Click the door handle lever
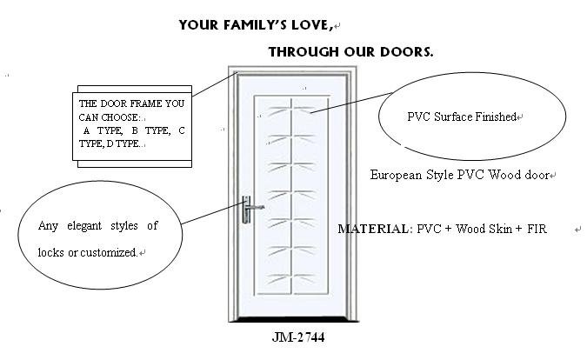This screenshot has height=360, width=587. pyautogui.click(x=256, y=208)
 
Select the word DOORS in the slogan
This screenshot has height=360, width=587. pyautogui.click(x=408, y=52)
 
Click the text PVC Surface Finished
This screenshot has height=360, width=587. pyautogui.click(x=462, y=117)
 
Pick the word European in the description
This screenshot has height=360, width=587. pyautogui.click(x=397, y=175)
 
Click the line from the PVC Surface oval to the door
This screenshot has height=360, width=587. pyautogui.click(x=348, y=103)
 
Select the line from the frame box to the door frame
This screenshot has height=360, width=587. pyautogui.click(x=213, y=85)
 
